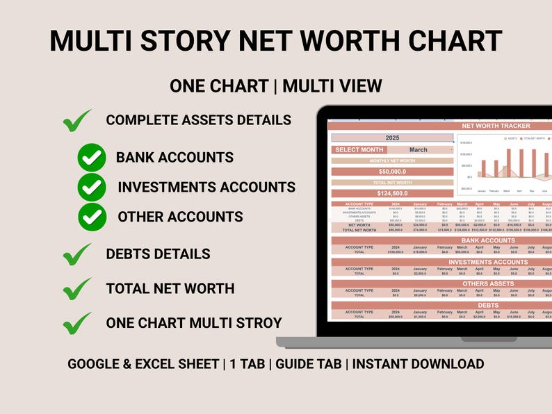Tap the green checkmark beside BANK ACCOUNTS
tap(91, 157)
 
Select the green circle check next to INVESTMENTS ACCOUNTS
tap(91, 187)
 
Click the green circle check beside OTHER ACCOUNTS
tap(91, 216)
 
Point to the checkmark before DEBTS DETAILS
tap(76, 254)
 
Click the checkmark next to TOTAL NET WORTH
tap(76, 288)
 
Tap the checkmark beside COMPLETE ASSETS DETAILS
tap(76, 121)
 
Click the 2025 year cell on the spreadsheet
tap(392, 138)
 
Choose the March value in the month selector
tap(419, 149)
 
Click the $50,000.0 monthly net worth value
tap(392, 172)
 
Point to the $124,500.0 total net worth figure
tap(392, 194)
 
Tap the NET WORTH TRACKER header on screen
tap(496, 126)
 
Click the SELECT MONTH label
tap(359, 149)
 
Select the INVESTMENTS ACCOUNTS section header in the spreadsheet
tap(488, 262)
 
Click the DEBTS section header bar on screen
tap(488, 305)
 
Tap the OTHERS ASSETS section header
tap(488, 283)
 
